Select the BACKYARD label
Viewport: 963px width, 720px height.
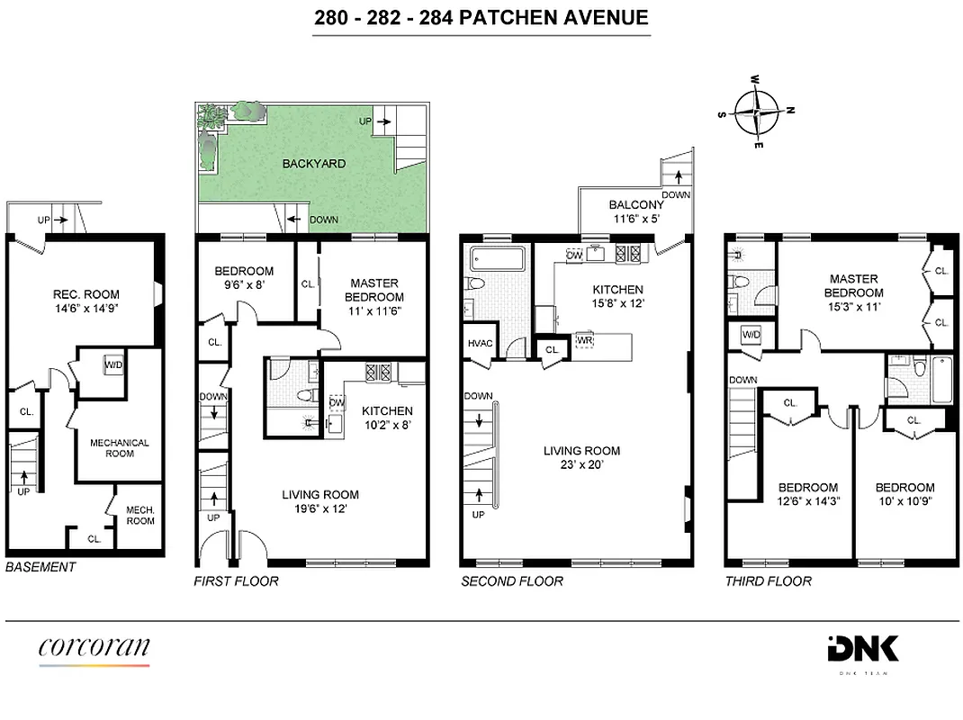313,164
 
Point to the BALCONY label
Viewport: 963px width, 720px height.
635,204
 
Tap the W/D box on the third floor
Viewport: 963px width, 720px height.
751,336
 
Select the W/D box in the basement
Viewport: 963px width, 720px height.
113,366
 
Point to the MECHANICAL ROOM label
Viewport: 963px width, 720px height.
119,448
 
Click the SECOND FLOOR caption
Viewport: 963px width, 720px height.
511,581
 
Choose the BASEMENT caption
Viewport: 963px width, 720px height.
40,567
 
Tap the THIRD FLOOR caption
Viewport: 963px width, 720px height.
768,581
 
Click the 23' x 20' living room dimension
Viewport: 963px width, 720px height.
581,465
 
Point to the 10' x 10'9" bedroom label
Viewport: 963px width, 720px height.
904,502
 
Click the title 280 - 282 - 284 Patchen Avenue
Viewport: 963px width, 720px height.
481,17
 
